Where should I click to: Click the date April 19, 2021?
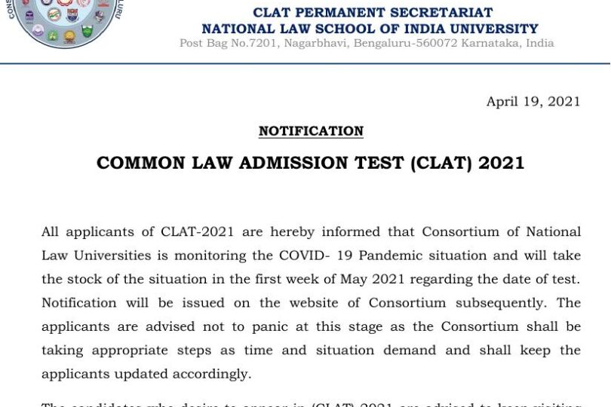tap(533, 102)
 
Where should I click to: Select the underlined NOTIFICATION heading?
tap(311, 131)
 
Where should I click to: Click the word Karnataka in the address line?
tap(484, 43)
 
